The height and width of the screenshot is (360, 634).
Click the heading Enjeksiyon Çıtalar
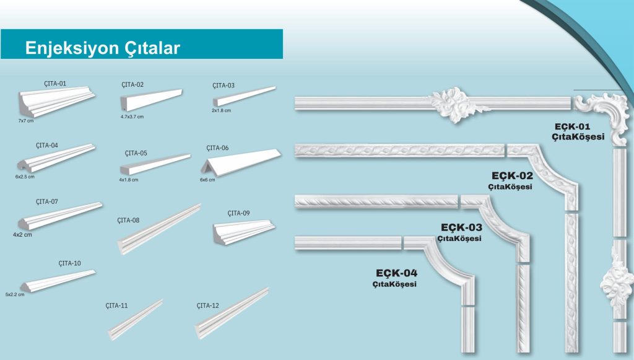pyautogui.click(x=102, y=48)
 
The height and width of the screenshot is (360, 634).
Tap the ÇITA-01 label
pyautogui.click(x=55, y=84)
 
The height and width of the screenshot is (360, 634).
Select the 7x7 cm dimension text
pyautogui.click(x=26, y=121)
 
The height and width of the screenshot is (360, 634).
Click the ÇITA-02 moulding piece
pyautogui.click(x=151, y=100)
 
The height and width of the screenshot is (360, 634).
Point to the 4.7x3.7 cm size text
pyautogui.click(x=132, y=117)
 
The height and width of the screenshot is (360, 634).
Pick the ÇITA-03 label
pyautogui.click(x=223, y=86)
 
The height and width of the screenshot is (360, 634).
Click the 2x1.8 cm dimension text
pyautogui.click(x=221, y=110)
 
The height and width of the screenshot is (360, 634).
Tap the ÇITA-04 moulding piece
pyautogui.click(x=56, y=158)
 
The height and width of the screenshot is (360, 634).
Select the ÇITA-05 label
pyautogui.click(x=136, y=153)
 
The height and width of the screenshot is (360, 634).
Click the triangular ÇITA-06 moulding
pyautogui.click(x=241, y=162)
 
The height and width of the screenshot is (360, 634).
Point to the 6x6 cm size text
pyautogui.click(x=207, y=180)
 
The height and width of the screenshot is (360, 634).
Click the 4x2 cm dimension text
pyautogui.click(x=22, y=235)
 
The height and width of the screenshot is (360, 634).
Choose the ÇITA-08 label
pyautogui.click(x=128, y=221)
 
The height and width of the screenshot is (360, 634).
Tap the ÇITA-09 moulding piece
pyautogui.click(x=244, y=232)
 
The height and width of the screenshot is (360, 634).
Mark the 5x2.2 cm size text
pyautogui.click(x=15, y=294)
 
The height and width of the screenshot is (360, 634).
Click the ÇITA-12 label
pyautogui.click(x=208, y=306)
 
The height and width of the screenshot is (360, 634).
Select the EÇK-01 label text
pyautogui.click(x=572, y=126)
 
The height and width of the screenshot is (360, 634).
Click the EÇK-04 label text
pyautogui.click(x=396, y=273)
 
